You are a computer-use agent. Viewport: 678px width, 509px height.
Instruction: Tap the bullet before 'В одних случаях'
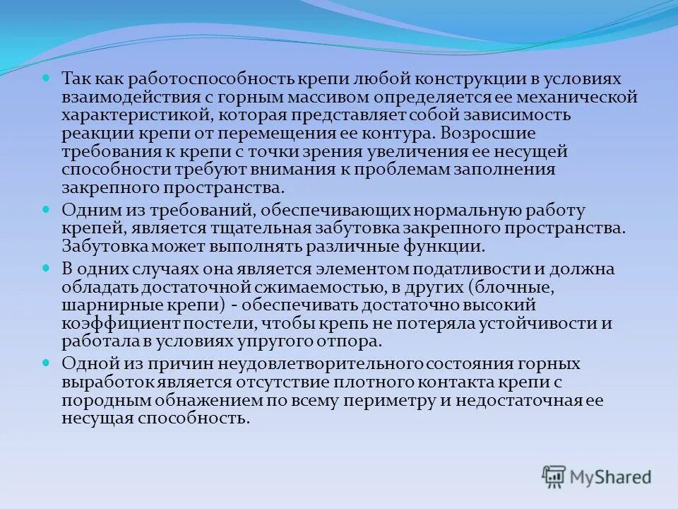tap(47, 269)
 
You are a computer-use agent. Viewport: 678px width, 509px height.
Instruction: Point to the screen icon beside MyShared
tap(554, 476)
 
